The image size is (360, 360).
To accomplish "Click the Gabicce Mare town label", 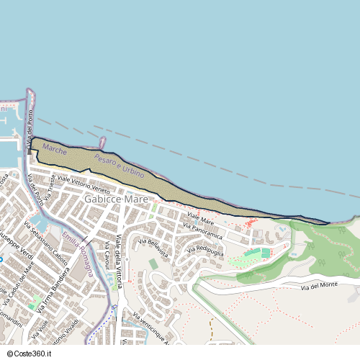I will point(116,198).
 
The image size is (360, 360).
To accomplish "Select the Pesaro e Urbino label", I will point(119,166).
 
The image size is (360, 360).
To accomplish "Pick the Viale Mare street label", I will point(201,217).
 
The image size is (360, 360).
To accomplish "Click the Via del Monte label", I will point(319,287).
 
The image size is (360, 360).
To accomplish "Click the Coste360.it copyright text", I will point(28,354).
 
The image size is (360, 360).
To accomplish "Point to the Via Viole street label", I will point(42,325).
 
